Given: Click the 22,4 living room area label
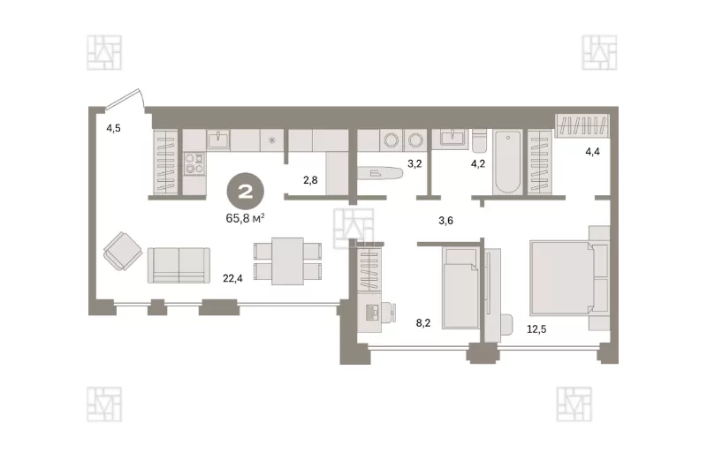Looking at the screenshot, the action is [x=232, y=278].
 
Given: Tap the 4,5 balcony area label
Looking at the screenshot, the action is [x=113, y=128].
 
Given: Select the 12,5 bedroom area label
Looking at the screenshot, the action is [x=536, y=329].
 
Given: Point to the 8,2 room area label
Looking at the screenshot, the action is [x=423, y=322].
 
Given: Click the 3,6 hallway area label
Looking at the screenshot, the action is [x=446, y=221].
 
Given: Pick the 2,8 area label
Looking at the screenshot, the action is [x=310, y=180].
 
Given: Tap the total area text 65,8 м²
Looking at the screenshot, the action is [x=245, y=219].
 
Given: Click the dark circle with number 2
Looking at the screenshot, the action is [x=246, y=192].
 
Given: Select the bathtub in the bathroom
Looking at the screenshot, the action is [x=507, y=162].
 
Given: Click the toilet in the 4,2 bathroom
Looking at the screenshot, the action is [x=479, y=140].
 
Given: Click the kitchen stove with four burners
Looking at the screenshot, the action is [x=194, y=163].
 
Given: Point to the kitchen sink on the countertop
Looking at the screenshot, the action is [x=218, y=140].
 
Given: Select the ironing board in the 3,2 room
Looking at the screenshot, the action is [x=380, y=173].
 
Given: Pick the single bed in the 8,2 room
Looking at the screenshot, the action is [x=460, y=288].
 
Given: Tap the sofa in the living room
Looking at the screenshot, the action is [x=179, y=265].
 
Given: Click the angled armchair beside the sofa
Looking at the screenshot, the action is [x=123, y=251].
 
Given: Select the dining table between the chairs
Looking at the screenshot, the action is [x=288, y=261].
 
